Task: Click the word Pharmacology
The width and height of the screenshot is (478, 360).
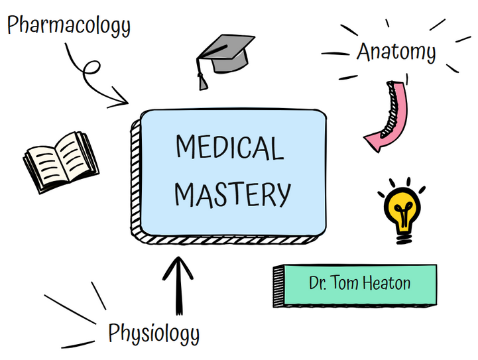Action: (x=69, y=27)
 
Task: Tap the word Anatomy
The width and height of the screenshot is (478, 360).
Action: (x=396, y=52)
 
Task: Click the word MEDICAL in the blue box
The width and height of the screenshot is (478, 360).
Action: (x=229, y=147)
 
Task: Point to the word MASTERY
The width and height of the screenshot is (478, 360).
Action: (x=233, y=194)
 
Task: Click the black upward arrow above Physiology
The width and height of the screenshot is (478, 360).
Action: (x=178, y=285)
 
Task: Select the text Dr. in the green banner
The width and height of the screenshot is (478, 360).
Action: (x=318, y=283)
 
